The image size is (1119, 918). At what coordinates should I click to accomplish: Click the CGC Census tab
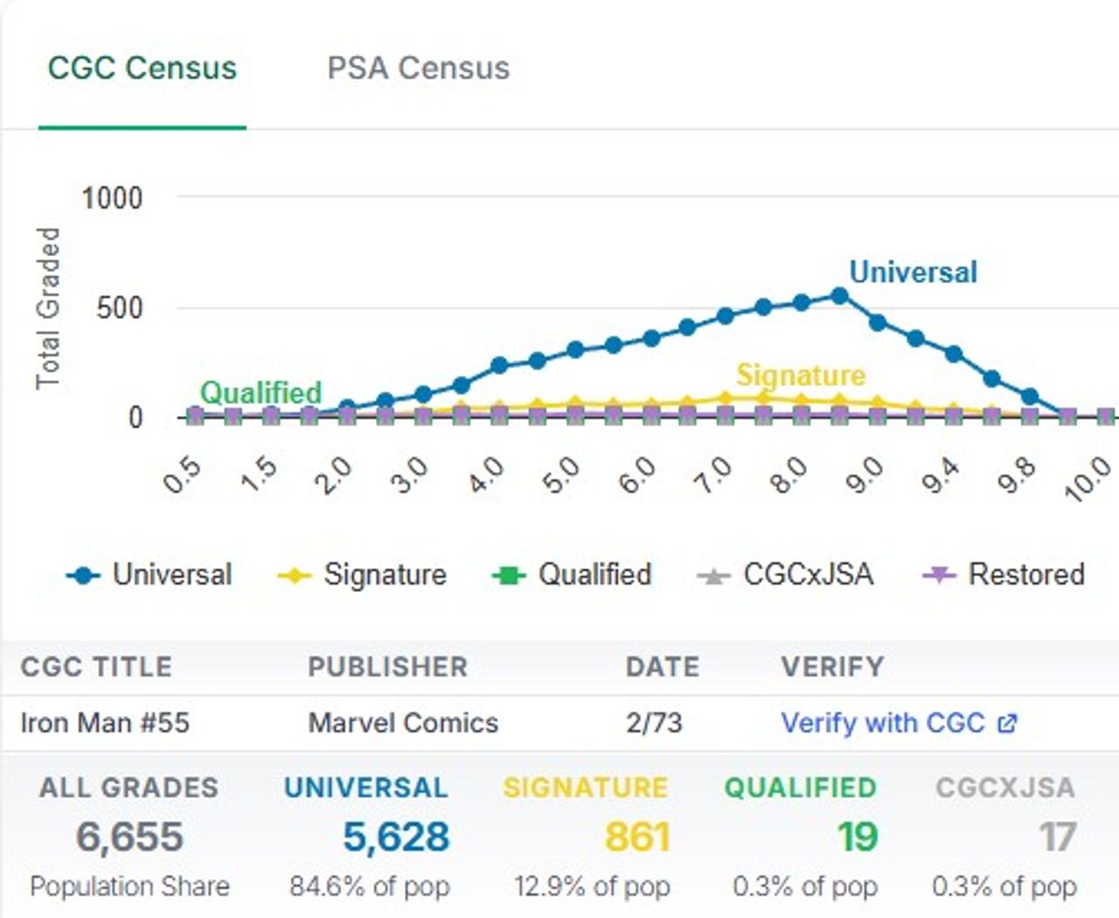pyautogui.click(x=142, y=68)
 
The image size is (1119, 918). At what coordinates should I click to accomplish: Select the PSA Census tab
pyautogui.click(x=418, y=68)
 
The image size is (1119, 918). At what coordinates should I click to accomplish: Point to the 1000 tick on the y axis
pyautogui.click(x=112, y=198)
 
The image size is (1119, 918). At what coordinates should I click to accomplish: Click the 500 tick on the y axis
pyautogui.click(x=120, y=308)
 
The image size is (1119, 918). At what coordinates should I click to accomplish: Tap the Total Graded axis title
pyautogui.click(x=48, y=308)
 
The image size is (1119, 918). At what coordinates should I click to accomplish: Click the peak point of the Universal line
pyautogui.click(x=839, y=296)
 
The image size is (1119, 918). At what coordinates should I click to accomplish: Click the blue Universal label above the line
pyautogui.click(x=913, y=272)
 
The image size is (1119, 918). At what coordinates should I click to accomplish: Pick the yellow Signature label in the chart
pyautogui.click(x=801, y=375)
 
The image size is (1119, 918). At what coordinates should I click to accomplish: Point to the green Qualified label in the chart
pyautogui.click(x=261, y=393)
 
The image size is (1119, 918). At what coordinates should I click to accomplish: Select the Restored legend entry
pyautogui.click(x=1005, y=574)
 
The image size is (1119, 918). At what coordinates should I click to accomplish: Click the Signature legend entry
pyautogui.click(x=362, y=574)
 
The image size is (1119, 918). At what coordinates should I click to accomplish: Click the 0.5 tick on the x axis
pyautogui.click(x=182, y=476)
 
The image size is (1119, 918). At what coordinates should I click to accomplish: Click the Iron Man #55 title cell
pyautogui.click(x=105, y=723)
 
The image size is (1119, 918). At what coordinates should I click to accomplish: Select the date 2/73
pyautogui.click(x=654, y=723)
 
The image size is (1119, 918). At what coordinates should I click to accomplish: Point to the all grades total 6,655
pyautogui.click(x=129, y=837)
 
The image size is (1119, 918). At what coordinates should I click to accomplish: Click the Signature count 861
pyautogui.click(x=637, y=837)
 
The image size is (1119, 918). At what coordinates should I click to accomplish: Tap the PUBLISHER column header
pyautogui.click(x=387, y=667)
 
